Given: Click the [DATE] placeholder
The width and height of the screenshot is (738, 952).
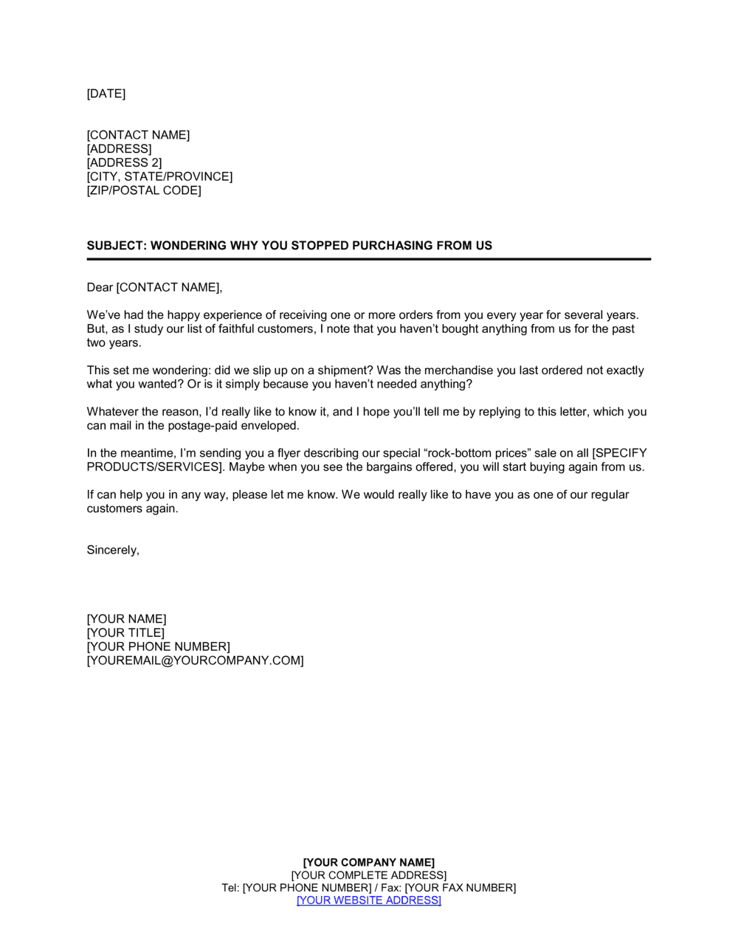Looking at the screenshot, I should tap(106, 94).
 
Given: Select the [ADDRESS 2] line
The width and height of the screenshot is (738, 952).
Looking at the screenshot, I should tap(124, 163).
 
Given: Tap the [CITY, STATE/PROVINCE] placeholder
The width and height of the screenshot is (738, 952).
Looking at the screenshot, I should tap(159, 177).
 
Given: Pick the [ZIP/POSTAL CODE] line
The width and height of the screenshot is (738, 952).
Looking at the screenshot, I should tap(144, 190).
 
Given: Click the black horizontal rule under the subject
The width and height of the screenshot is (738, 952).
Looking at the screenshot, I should tap(369, 260).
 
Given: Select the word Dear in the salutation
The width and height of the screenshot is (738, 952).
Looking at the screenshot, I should tap(100, 287).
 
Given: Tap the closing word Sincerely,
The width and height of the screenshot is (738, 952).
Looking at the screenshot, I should tap(113, 551).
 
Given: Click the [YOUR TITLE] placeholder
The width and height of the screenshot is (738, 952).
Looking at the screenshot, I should tap(125, 633).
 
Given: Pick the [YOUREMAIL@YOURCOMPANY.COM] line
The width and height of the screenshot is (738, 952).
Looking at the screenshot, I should tap(195, 661).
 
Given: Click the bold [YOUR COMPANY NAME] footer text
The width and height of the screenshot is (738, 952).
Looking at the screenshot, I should tap(369, 863).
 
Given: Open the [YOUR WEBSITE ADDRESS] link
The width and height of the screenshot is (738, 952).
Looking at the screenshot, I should tap(369, 900).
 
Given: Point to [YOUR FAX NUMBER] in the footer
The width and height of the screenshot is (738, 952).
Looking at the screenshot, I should tap(461, 888).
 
